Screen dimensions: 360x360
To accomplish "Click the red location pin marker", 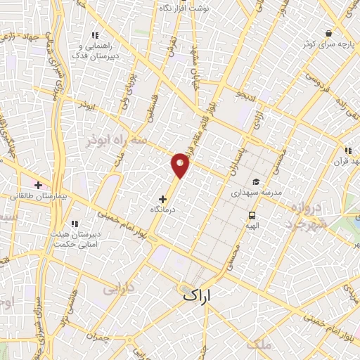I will pos(181,165).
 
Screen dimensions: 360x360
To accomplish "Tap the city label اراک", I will pos(198,295).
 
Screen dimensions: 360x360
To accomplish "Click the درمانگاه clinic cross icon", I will pos(164,199).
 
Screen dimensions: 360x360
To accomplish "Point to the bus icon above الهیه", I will pos(252,215).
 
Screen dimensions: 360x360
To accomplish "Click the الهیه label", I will pos(252,226).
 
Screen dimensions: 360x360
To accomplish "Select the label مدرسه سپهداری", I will pos(256,192).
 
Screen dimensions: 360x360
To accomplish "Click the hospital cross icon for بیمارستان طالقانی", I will pos(38,186).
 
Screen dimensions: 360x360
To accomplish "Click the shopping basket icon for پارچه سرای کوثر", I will pos(328,33).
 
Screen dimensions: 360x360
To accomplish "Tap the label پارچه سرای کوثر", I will pos(328,44).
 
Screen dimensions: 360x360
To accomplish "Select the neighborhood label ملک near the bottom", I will pos(259,344).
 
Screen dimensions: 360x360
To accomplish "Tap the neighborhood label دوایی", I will pos(117,288).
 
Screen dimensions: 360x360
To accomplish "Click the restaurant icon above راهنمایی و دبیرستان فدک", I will pos(95,35).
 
